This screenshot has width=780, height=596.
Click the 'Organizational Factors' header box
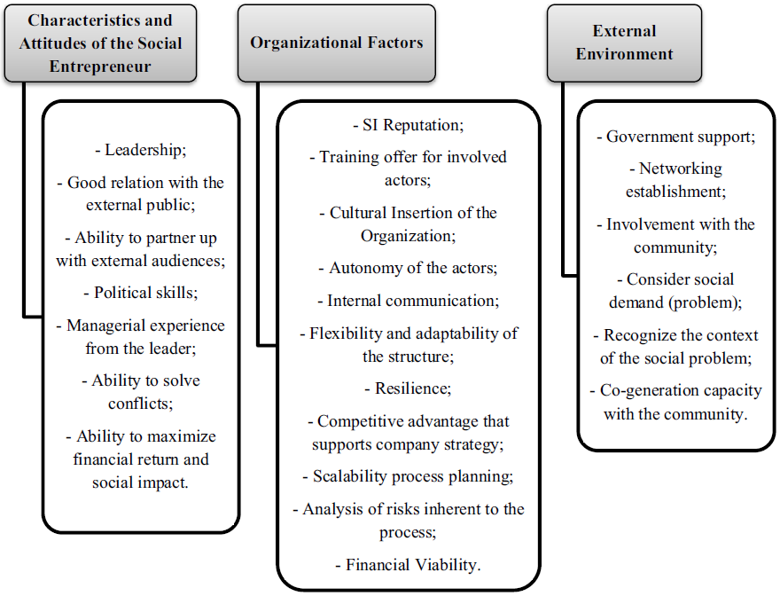point(336,43)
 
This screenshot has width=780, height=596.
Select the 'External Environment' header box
point(624,43)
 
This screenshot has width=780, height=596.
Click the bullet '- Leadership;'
point(141,150)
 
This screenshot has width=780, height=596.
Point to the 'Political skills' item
point(141,293)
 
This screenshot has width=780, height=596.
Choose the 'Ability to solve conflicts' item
point(141,391)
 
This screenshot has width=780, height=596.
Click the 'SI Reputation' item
point(408,125)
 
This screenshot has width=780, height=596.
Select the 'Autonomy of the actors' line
point(408,267)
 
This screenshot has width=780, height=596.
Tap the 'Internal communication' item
point(408,301)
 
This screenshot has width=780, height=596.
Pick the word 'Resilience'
point(410,388)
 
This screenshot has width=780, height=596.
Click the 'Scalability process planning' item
point(408,476)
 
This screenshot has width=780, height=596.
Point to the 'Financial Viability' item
point(408,565)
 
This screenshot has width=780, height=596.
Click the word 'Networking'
point(681,169)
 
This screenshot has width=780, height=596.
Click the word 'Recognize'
point(645,335)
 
